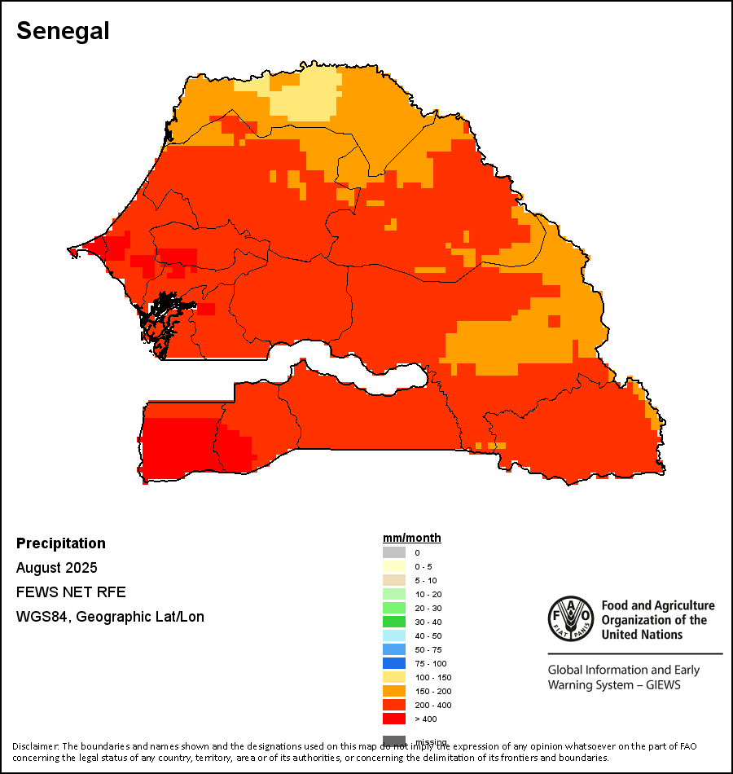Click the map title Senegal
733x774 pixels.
pyautogui.click(x=63, y=31)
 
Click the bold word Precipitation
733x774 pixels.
pyautogui.click(x=61, y=543)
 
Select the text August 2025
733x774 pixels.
pyautogui.click(x=57, y=567)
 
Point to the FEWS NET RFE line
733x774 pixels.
pyautogui.click(x=71, y=591)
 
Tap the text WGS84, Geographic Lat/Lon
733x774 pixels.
pyautogui.click(x=110, y=617)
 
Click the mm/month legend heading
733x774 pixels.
pyautogui.click(x=412, y=538)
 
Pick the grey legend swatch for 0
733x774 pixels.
pyautogui.click(x=394, y=552)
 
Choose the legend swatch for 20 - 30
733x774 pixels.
pyautogui.click(x=394, y=608)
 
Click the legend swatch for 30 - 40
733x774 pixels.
pyautogui.click(x=394, y=622)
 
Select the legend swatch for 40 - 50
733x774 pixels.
pyautogui.click(x=394, y=635)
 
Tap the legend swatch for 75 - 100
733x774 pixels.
pyautogui.click(x=394, y=663)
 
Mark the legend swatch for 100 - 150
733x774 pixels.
pyautogui.click(x=394, y=677)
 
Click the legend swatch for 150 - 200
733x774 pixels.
pyautogui.click(x=394, y=691)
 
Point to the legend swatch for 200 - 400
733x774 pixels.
pyautogui.click(x=394, y=705)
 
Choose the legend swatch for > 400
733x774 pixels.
pyautogui.click(x=394, y=719)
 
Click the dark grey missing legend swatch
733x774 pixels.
pyautogui.click(x=394, y=740)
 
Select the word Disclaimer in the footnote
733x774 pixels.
pyautogui.click(x=35, y=746)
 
